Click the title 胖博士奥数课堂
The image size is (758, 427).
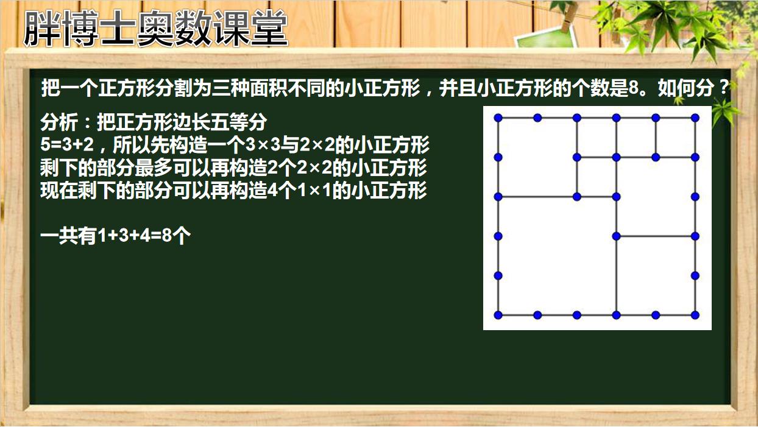(155, 28)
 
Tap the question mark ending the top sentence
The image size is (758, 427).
(724, 88)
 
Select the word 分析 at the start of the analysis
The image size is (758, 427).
(59, 122)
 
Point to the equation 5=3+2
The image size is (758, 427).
(67, 144)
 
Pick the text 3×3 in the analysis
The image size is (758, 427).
(263, 144)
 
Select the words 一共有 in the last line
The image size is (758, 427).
(69, 235)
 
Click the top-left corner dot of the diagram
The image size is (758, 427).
(498, 118)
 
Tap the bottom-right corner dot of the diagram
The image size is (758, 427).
(695, 315)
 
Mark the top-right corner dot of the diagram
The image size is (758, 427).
(695, 118)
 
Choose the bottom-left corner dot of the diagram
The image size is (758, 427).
(498, 315)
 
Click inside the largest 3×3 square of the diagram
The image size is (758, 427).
(557, 256)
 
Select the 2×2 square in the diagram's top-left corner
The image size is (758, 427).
(537, 157)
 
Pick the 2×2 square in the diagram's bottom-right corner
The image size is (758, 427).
(656, 275)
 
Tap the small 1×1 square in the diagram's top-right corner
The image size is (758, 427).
(675, 138)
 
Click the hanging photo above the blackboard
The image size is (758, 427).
(545, 38)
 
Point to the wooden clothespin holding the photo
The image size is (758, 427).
(569, 16)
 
